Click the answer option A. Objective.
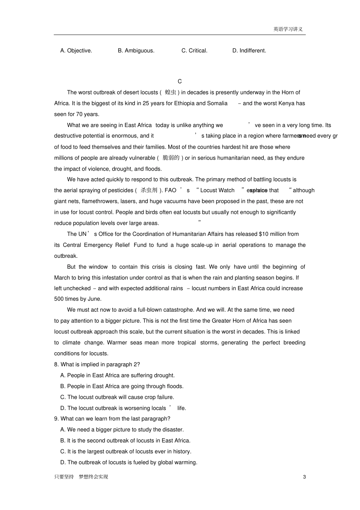click(x=76, y=50)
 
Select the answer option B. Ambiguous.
click(x=136, y=50)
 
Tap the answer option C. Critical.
click(x=194, y=50)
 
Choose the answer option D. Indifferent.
click(x=249, y=50)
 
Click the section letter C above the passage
click(x=180, y=81)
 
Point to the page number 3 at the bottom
click(x=304, y=477)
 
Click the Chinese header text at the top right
click(x=288, y=29)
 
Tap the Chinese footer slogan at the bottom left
click(x=81, y=477)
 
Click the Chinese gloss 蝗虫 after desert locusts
click(x=171, y=92)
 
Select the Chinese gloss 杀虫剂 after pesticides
click(x=149, y=190)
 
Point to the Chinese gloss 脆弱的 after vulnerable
click(x=171, y=158)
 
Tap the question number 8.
click(x=56, y=364)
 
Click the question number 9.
click(x=56, y=419)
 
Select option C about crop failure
click(x=117, y=397)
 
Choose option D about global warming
click(x=128, y=462)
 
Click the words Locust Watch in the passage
click(x=217, y=190)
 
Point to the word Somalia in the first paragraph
click(x=217, y=103)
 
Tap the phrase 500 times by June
click(x=78, y=299)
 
